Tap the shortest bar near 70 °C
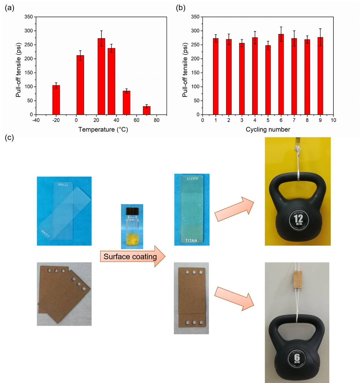[146, 111]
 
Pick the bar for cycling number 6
[281, 75]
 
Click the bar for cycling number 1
[216, 77]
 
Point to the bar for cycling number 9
[320, 76]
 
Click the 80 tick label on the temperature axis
[157, 120]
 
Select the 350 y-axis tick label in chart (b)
[195, 17]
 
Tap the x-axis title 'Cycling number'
[268, 129]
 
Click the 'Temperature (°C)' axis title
[103, 129]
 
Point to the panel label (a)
[10, 8]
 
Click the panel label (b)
[180, 8]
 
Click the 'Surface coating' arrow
[131, 257]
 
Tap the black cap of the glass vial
[132, 211]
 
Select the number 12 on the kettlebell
[298, 218]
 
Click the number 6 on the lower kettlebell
[297, 357]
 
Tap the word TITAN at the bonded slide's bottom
[191, 240]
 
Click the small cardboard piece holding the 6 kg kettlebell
[298, 280]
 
